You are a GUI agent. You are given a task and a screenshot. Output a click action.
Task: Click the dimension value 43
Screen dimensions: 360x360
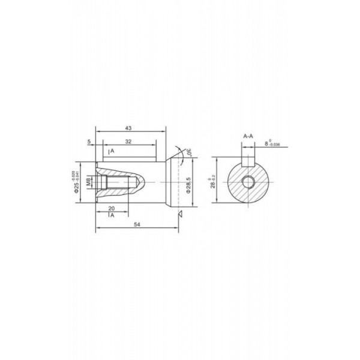(x=129, y=128)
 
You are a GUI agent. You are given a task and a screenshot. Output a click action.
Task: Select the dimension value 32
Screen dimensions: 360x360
(x=129, y=142)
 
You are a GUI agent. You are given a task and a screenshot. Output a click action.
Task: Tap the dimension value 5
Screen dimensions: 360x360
(x=89, y=142)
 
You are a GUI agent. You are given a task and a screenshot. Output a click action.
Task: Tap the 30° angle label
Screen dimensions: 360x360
(x=188, y=154)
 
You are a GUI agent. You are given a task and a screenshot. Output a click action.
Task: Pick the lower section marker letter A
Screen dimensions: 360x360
(x=112, y=214)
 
